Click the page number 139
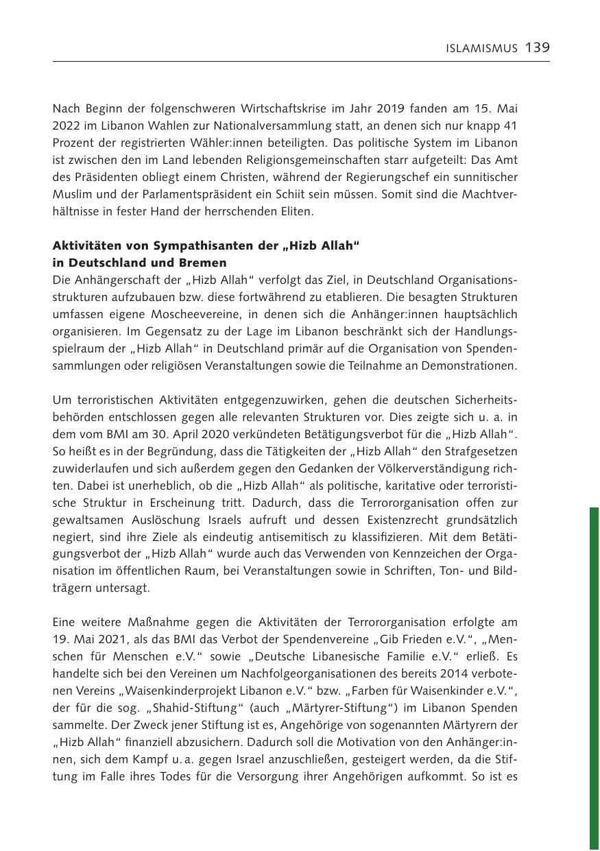coord(538,47)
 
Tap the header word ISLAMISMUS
coord(482,49)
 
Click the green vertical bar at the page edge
coord(594,679)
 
